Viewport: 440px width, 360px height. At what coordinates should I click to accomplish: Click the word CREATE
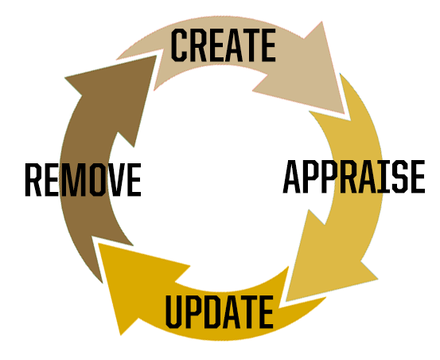(224, 45)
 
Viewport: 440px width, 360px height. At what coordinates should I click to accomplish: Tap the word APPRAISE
(354, 176)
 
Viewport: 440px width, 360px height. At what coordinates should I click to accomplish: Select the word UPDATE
(220, 311)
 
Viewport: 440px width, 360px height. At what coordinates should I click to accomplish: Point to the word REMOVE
(83, 179)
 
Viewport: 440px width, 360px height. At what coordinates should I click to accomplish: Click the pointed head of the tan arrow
(345, 114)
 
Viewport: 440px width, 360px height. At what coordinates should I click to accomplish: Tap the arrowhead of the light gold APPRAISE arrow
(286, 301)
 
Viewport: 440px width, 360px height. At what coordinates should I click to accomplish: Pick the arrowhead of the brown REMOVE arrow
(156, 56)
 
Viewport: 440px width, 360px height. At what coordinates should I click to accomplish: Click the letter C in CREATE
(178, 45)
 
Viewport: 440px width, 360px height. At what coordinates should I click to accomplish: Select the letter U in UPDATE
(174, 312)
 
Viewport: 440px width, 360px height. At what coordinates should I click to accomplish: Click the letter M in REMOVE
(73, 179)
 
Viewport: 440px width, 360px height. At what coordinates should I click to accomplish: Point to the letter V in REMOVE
(116, 179)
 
